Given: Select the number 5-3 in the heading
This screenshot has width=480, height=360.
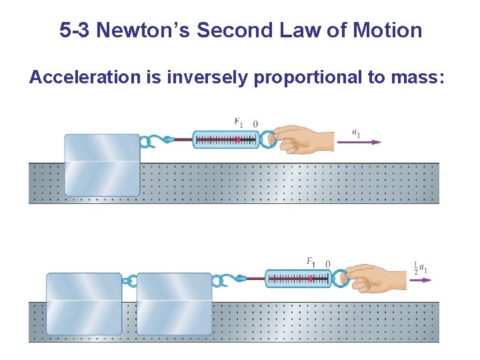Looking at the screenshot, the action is point(75,30).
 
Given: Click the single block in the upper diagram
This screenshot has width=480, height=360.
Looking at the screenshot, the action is point(102,165).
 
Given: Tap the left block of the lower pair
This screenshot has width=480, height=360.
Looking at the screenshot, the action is point(84,303).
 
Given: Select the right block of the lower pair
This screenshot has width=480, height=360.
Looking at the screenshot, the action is point(174,303).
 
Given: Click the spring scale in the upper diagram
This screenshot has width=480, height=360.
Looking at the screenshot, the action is point(225,139).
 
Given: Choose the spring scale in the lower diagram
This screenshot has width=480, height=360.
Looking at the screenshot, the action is point(298,279).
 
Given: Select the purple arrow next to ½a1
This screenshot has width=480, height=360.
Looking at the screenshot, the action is point(421,280).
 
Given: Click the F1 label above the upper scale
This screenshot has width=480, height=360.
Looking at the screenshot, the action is point(239,123).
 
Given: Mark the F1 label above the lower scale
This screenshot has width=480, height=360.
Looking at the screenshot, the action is point(311,262).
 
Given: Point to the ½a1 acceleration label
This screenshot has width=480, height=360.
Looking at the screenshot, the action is point(420,267).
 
